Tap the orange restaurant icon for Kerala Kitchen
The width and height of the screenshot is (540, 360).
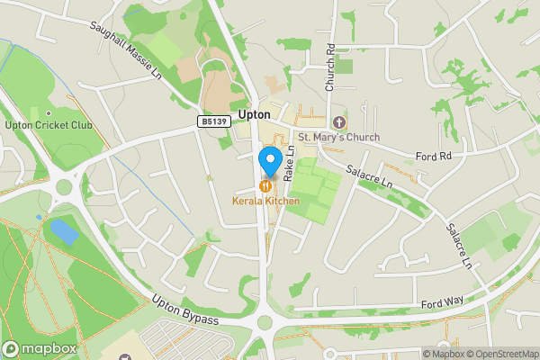pos(267,186)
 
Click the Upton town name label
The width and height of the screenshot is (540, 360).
pos(256,114)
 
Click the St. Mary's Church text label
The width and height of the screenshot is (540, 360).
pos(338,137)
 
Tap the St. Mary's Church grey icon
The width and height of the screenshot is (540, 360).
pos(338,121)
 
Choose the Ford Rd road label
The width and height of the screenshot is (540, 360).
pos(433,157)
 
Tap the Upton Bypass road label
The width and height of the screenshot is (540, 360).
pos(185,311)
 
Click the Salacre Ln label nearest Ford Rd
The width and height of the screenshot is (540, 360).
pos(371,175)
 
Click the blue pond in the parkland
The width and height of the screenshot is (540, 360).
pos(64,230)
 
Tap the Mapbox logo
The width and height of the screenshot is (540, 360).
pos(39,349)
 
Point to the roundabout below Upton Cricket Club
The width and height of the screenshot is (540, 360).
pos(63,189)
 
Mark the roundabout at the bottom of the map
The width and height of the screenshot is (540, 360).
pos(265,322)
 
